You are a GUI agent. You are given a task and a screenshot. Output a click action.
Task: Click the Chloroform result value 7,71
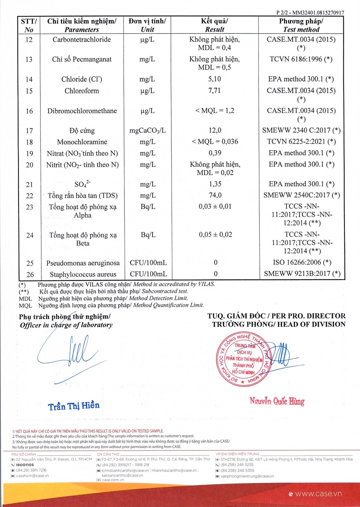(x=214, y=91)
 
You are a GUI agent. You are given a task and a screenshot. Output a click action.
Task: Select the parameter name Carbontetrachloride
(x=82, y=40)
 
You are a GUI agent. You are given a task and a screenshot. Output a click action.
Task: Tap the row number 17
(x=29, y=131)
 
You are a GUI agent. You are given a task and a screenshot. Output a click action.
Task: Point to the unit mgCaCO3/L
(x=148, y=130)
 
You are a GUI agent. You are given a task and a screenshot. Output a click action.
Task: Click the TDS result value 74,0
(x=215, y=195)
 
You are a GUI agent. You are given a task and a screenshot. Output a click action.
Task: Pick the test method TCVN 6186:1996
(x=301, y=59)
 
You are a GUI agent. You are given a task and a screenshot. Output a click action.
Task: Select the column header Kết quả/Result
(x=214, y=25)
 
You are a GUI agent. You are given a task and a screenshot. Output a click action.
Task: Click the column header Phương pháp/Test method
(x=301, y=25)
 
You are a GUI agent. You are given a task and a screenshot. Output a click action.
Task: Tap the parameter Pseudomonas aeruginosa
(x=83, y=263)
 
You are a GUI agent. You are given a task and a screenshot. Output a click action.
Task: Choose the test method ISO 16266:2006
(x=302, y=262)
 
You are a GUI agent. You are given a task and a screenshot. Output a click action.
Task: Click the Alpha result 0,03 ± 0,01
(x=215, y=207)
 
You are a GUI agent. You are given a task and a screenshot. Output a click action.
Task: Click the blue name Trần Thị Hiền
(x=74, y=406)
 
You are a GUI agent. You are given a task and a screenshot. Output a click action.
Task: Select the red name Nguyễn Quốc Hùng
(x=277, y=401)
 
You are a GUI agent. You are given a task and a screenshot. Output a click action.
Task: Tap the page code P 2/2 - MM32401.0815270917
(x=310, y=13)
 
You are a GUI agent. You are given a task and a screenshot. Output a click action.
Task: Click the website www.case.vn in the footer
(x=318, y=494)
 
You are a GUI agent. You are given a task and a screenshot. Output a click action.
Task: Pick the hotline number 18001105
(x=25, y=465)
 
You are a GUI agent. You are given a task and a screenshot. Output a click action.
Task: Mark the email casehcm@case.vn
(x=32, y=476)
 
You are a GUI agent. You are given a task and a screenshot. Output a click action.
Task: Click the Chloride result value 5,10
(x=214, y=79)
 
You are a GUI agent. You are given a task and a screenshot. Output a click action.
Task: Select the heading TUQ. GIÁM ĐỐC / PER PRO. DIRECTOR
(x=276, y=316)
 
